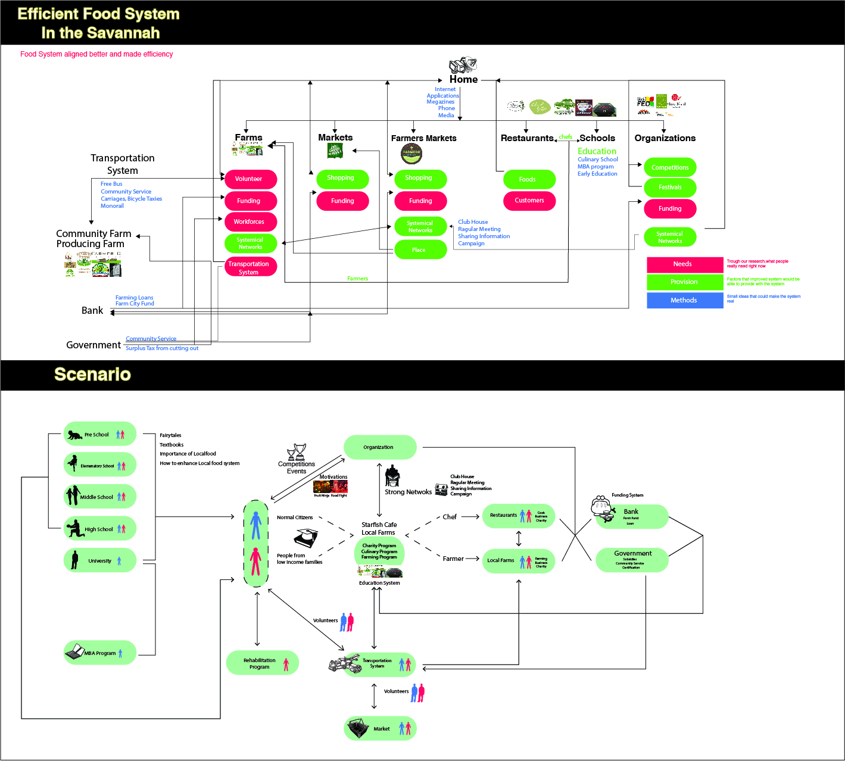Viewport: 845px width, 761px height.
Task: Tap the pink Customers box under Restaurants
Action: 529,201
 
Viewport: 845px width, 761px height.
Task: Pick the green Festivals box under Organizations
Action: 670,188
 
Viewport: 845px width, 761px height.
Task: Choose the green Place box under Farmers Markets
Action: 420,250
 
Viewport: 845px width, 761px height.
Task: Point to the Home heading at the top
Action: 463,79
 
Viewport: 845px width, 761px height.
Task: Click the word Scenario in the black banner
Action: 92,375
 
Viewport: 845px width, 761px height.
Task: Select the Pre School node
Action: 99,434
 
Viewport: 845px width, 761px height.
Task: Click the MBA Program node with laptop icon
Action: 99,653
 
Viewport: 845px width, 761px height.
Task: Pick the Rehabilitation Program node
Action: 262,663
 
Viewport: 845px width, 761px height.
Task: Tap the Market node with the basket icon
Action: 380,729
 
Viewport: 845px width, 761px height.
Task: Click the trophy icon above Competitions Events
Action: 297,451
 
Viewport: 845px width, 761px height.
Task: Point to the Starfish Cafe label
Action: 379,525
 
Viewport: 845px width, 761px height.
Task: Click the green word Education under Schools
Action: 597,151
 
